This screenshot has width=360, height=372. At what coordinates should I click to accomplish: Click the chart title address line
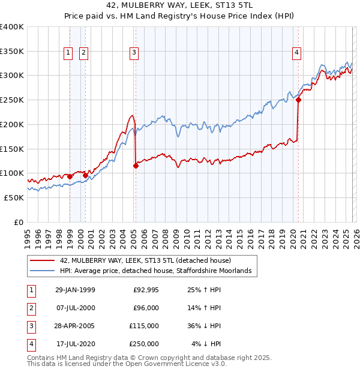coord(179,6)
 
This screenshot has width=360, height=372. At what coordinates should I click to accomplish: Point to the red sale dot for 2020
coord(298,100)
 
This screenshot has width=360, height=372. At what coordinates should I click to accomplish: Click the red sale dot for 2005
coord(136,166)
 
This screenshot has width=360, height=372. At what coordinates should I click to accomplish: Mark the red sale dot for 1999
coord(70,176)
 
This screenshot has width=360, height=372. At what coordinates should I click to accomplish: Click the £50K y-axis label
coord(14,197)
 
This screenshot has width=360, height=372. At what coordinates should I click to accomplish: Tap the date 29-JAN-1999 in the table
coord(75,290)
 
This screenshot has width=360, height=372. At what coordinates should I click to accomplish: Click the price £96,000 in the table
coord(146,308)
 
